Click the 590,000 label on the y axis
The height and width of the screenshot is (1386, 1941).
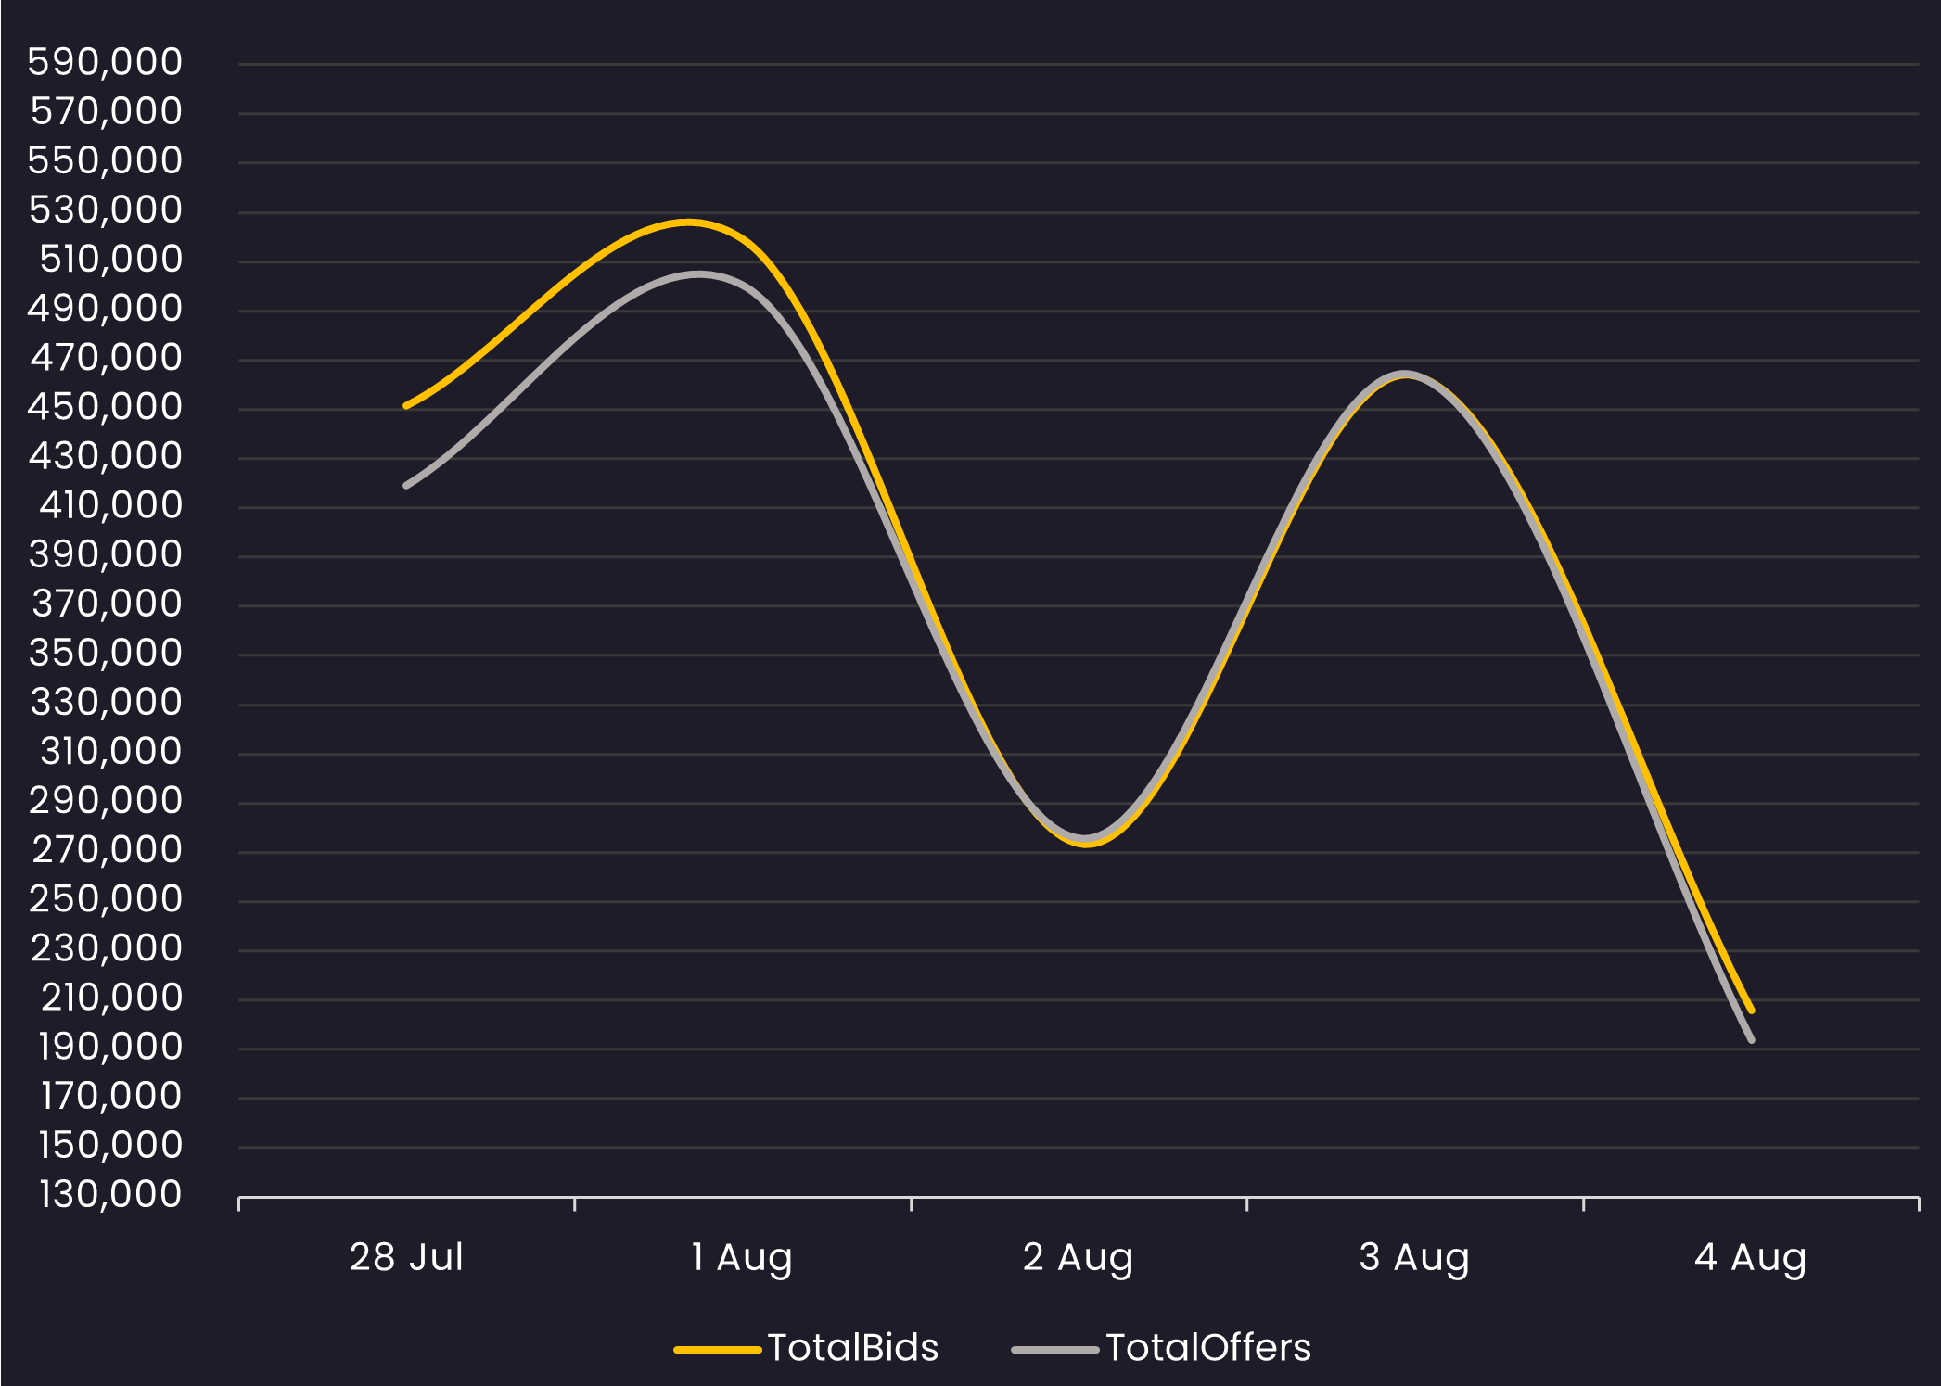[x=105, y=62]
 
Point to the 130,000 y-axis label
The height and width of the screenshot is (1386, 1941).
[x=110, y=1194]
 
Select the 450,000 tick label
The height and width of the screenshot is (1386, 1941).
[x=105, y=406]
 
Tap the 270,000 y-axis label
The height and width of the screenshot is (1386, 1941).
[x=107, y=849]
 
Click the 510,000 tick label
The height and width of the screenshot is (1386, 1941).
[x=110, y=259]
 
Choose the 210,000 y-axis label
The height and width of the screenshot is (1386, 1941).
[x=111, y=997]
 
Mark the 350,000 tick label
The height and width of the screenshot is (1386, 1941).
[x=106, y=653]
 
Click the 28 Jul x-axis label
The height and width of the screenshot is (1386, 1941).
[x=406, y=1257]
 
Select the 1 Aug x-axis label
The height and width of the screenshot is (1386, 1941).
[x=742, y=1257]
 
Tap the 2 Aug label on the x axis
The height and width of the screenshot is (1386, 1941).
[x=1078, y=1257]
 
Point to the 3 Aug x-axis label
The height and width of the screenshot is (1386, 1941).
[x=1414, y=1257]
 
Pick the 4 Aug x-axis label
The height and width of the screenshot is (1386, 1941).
[x=1750, y=1257]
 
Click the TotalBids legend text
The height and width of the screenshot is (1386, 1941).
[x=853, y=1347]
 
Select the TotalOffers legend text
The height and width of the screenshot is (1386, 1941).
[x=1208, y=1347]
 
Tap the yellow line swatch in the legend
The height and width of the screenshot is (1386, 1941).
[x=718, y=1350]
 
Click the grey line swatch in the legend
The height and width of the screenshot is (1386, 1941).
[x=1055, y=1350]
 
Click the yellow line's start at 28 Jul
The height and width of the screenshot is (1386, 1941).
[x=407, y=405]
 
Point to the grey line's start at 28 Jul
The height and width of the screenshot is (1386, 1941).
[x=407, y=485]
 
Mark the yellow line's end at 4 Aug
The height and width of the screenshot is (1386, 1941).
[x=1751, y=1011]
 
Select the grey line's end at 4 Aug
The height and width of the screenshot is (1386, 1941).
[x=1751, y=1040]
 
